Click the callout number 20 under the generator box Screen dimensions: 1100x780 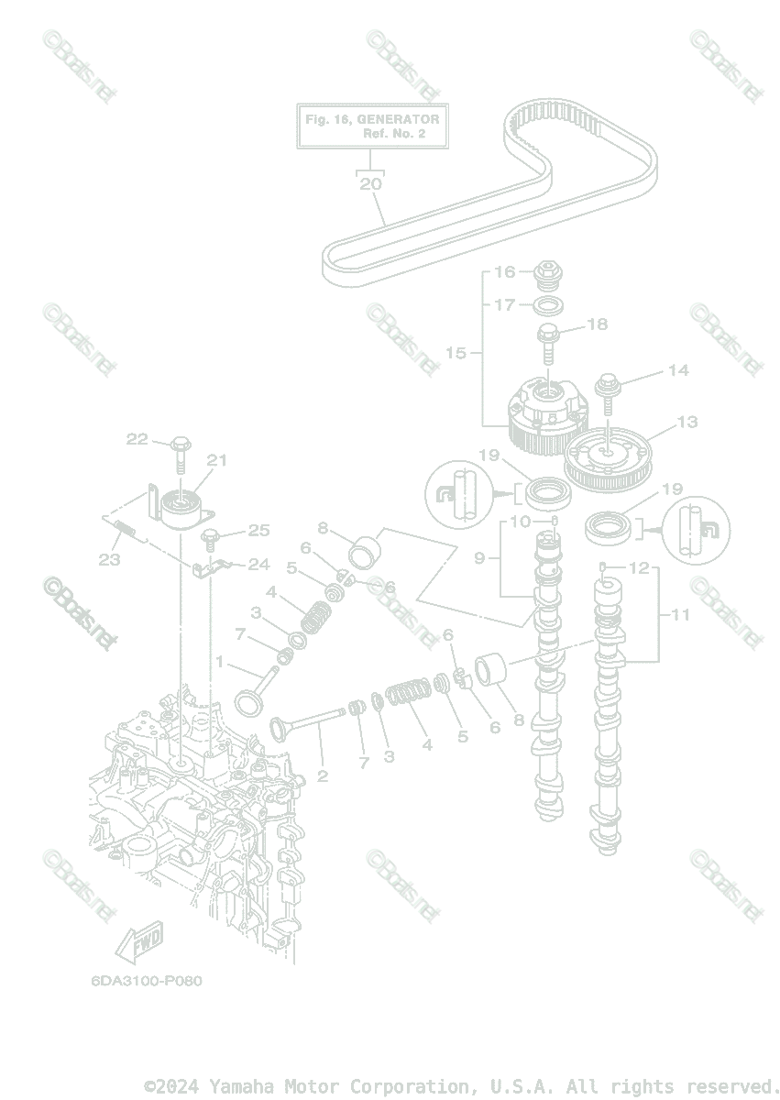point(370,184)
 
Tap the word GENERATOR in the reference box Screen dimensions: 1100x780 point(398,119)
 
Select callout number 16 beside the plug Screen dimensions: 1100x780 point(506,271)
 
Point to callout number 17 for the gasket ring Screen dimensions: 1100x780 point(505,304)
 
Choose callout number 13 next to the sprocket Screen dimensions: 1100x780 point(687,423)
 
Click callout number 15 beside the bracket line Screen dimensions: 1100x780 point(456,353)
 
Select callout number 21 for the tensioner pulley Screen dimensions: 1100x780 point(216,460)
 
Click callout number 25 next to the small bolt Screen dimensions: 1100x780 point(259,530)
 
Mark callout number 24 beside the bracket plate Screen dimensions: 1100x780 point(259,564)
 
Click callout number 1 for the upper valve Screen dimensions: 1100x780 point(219,660)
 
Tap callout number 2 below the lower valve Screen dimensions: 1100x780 point(322,776)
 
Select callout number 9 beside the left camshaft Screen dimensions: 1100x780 point(479,557)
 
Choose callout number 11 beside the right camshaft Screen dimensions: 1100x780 point(680,615)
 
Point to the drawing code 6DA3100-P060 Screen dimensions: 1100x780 point(146,980)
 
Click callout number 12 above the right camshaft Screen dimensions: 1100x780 point(639,568)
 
